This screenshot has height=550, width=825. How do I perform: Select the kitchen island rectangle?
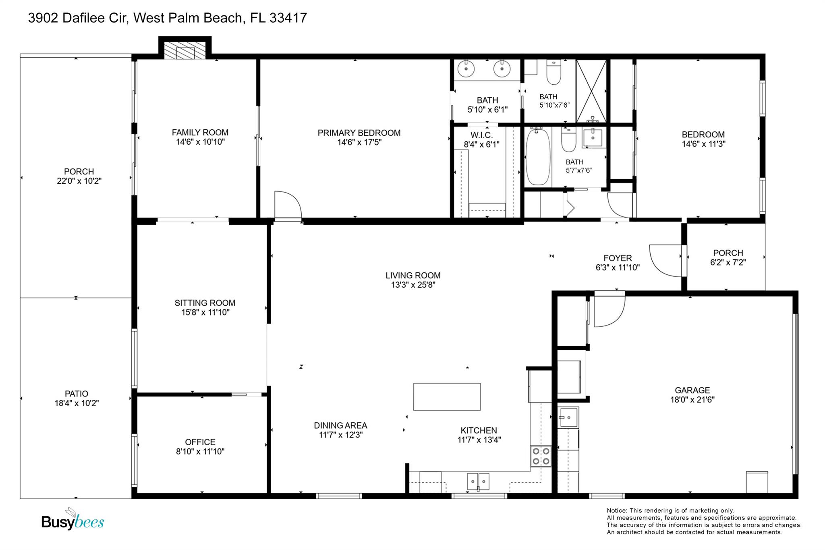447,397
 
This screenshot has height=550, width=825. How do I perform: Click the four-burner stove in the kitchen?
541,457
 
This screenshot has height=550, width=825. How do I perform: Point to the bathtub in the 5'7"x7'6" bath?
538,156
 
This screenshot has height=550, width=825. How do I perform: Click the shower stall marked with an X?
591,91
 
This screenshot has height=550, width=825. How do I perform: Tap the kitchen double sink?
478,482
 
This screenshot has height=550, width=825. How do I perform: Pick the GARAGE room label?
692,390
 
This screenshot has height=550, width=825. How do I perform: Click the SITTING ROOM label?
205,303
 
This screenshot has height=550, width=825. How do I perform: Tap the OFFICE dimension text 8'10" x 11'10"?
200,451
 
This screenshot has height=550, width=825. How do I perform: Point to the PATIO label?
77,394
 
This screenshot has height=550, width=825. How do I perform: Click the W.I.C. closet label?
482,135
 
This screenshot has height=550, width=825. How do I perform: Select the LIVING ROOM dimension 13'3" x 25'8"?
413,285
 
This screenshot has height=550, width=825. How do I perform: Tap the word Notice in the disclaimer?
617,511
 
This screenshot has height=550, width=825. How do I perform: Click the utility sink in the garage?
568,417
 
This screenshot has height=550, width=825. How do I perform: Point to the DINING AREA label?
340,425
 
